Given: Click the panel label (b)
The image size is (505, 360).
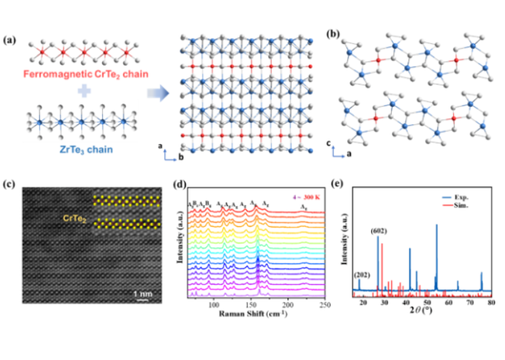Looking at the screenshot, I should click(x=333, y=34).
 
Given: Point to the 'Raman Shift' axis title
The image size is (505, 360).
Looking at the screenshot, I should click(x=249, y=312).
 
